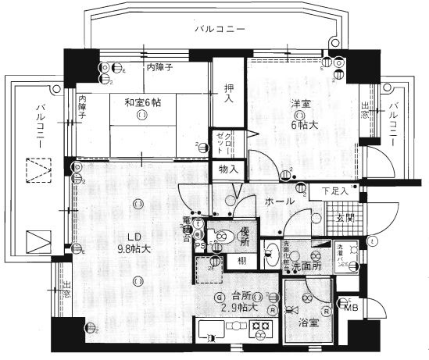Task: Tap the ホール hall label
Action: [x=279, y=201]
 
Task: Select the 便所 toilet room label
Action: [x=244, y=234]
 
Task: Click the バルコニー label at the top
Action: [x=221, y=29]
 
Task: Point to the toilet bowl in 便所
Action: [x=220, y=235]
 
